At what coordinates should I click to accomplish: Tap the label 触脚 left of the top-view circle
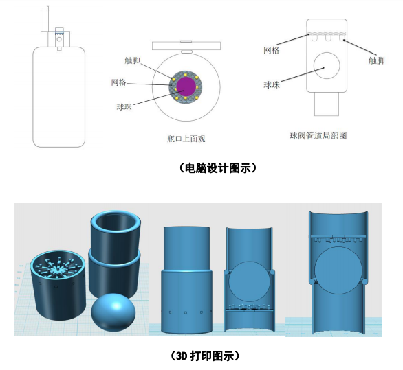coord(132,60)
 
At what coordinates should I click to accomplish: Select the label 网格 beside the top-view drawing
coord(119,82)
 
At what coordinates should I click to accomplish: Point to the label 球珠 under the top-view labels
coord(124,106)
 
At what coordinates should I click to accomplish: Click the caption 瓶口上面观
coord(186,139)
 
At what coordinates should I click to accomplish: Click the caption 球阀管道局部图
coord(318,136)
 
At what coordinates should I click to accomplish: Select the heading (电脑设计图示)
coord(217,168)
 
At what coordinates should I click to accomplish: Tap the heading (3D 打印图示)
coord(205,356)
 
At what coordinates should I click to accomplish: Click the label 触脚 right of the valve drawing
coord(377,60)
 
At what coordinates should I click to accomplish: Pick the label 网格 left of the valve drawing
coord(272,50)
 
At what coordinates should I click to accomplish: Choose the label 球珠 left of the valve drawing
coord(272,84)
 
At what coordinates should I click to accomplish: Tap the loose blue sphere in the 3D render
coord(113,312)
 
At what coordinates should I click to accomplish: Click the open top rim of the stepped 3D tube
coord(116,212)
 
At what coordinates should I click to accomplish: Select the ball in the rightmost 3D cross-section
coord(338,270)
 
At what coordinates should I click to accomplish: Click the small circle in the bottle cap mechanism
coord(59,39)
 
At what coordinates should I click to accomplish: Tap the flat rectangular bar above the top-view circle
coord(186,45)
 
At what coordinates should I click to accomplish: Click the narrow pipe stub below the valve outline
coord(327,104)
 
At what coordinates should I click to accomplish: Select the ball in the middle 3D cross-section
coord(249,281)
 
